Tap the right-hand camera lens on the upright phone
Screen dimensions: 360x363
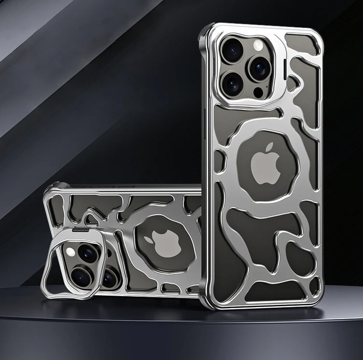click(258, 67)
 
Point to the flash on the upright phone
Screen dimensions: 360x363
click(258, 46)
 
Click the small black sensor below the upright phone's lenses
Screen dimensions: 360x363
click(258, 92)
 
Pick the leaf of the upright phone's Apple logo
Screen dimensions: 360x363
click(269, 147)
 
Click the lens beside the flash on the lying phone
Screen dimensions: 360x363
click(88, 253)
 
